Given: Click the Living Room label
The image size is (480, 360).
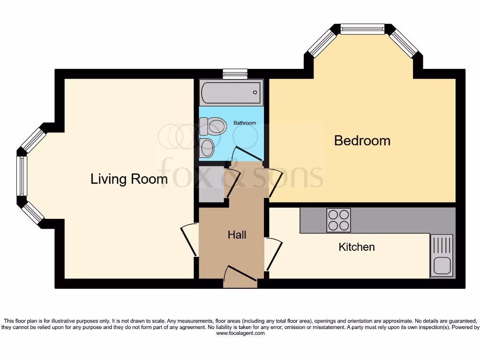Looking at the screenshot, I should [129, 179].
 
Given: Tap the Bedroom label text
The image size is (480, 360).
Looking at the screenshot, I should [362, 141].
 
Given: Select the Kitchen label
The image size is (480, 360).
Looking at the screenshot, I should [356, 247].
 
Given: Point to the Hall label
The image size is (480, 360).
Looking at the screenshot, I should [237, 235].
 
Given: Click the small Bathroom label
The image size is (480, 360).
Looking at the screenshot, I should [245, 123].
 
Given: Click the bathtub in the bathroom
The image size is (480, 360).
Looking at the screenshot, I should [231, 93].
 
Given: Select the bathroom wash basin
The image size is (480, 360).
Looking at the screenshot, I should [207, 148].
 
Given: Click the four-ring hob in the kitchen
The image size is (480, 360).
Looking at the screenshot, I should [339, 220].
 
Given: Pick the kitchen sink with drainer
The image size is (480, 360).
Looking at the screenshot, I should [442, 255].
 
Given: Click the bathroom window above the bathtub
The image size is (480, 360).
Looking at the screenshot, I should [235, 73].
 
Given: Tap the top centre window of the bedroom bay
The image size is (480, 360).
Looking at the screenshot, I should [362, 29].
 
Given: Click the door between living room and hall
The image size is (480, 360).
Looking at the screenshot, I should [190, 240].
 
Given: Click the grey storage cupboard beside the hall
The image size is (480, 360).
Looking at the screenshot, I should [210, 184].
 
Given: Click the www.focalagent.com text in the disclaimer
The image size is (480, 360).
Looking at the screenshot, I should [240, 334].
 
